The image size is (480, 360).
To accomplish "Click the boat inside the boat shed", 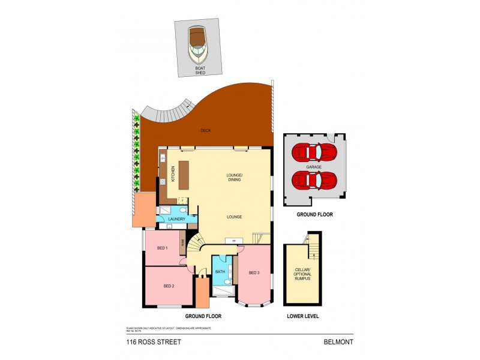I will coord(198,46).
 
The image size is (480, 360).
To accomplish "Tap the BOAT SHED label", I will coord(200,71).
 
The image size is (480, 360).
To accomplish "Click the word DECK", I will coord(205,130).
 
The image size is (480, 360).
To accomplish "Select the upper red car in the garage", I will coord(314,152).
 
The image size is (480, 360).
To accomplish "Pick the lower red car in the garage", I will coord(314,179).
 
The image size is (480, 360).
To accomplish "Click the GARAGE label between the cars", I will coord(314,166).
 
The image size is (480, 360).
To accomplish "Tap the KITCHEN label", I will coord(173,173).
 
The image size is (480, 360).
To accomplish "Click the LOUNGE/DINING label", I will coord(234,177).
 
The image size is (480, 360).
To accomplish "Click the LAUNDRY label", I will coord(176,220).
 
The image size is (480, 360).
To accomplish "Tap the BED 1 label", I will coord(162,248).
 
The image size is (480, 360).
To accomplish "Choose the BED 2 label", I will coord(169,286).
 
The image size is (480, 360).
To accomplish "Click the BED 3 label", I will coord(254,273).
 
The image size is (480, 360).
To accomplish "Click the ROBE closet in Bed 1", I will coord(183,247).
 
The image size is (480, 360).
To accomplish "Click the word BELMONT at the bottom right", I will coord(337,342).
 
